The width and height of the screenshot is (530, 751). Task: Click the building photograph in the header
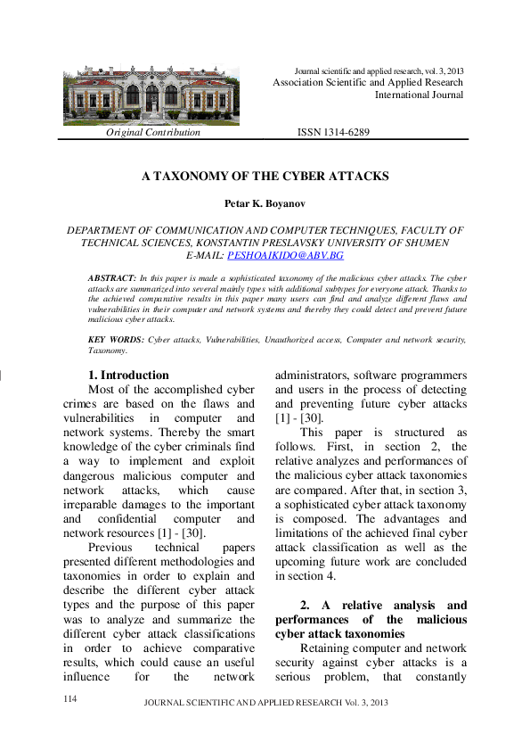[x=151, y=95]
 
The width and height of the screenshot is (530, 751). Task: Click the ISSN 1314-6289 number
[x=333, y=133]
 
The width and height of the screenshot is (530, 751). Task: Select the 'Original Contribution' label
[x=153, y=133]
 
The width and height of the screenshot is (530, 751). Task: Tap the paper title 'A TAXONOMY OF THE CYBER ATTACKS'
[x=265, y=177]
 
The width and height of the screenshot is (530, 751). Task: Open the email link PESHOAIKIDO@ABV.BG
[x=285, y=255]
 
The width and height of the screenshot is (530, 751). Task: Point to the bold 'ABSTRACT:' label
[x=112, y=279]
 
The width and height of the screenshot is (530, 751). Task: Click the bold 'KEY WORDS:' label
[x=116, y=340]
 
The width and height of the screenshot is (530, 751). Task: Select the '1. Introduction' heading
[x=128, y=375]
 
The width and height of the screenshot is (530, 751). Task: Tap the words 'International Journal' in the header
[x=419, y=95]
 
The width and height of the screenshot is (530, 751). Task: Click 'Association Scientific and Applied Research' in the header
[x=367, y=82]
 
